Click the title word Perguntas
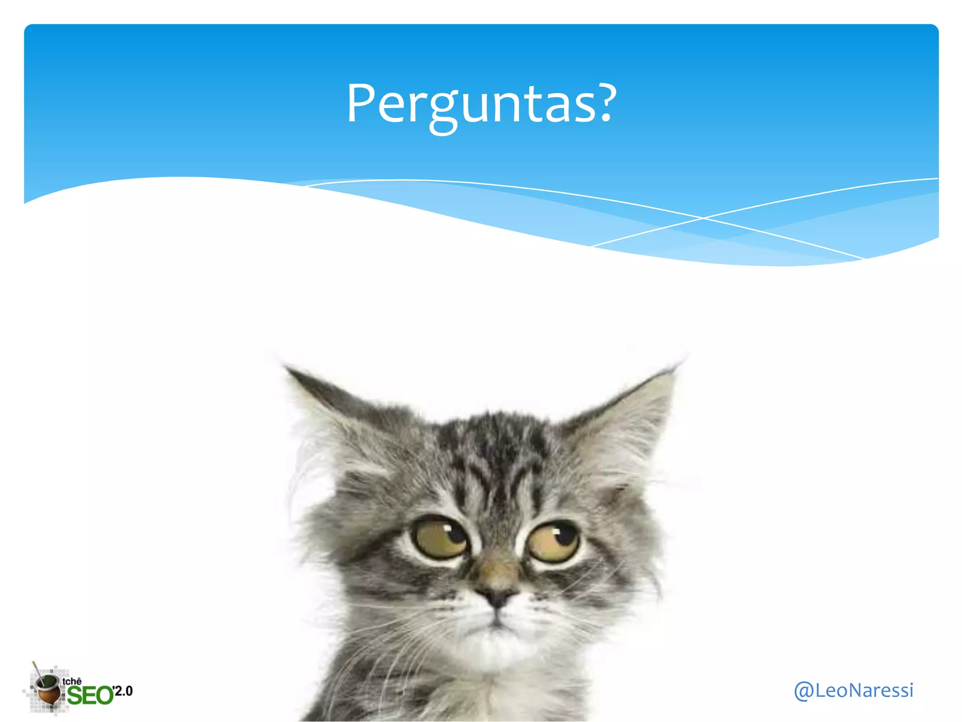point(480,104)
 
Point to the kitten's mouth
point(496,623)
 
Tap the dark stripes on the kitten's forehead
point(498,451)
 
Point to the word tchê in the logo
point(72,681)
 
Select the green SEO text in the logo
point(90,696)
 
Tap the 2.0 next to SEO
point(123,691)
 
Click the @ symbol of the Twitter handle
point(804,691)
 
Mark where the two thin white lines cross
point(703,218)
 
